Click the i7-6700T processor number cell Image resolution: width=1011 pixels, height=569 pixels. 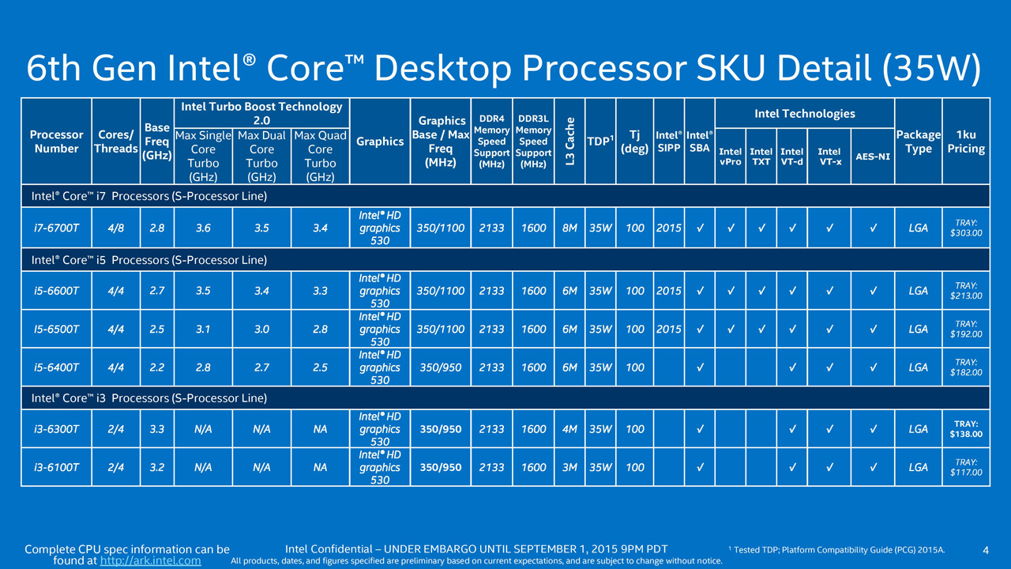[56, 228]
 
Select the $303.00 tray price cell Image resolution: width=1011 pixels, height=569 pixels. [966, 228]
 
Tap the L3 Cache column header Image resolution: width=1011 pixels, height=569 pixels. [569, 141]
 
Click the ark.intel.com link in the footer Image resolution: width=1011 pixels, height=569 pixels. [150, 560]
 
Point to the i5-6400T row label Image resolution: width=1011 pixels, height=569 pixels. [56, 367]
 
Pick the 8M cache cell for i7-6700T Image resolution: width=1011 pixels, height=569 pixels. [569, 228]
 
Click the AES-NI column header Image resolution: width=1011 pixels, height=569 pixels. [873, 156]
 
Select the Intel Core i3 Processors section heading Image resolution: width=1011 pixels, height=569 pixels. [149, 398]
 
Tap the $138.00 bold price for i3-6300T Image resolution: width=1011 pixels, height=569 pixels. [966, 429]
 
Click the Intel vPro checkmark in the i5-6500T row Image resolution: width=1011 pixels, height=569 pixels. [731, 330]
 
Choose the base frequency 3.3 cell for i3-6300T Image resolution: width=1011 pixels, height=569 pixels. [156, 429]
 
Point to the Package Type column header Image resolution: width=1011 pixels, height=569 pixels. [918, 141]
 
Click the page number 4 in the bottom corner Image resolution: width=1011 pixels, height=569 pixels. [986, 550]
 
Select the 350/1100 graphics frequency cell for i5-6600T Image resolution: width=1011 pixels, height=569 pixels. [440, 291]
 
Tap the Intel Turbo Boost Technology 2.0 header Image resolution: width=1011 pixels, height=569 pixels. [261, 113]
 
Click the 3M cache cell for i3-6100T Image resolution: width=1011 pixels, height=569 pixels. [569, 467]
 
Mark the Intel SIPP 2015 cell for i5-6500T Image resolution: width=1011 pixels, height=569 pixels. [668, 330]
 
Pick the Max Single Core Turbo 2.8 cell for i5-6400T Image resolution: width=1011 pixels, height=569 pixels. [203, 367]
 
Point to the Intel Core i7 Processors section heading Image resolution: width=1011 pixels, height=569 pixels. [149, 196]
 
